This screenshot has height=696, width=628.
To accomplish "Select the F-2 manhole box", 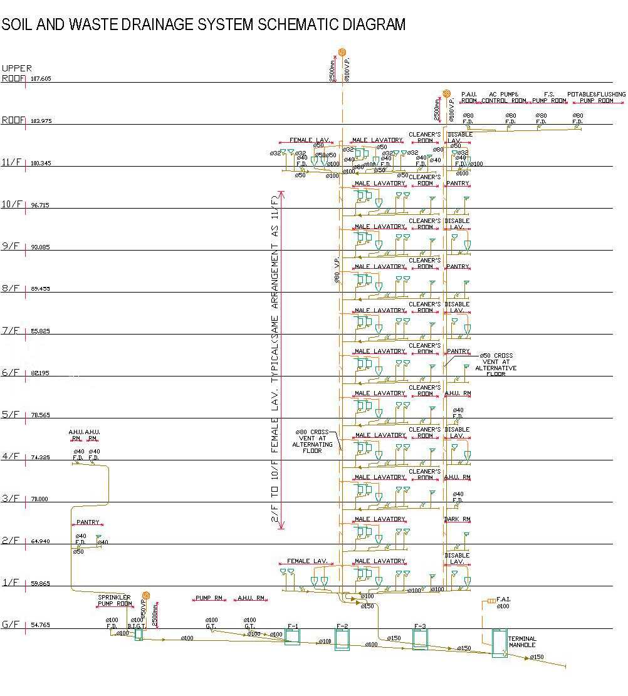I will pyautogui.click(x=342, y=640).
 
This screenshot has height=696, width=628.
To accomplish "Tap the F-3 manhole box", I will pyautogui.click(x=420, y=639).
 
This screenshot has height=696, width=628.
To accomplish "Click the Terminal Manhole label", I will pyautogui.click(x=522, y=642).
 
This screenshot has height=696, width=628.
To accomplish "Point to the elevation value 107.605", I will pyautogui.click(x=41, y=79).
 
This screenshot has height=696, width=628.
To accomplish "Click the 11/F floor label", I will pyautogui.click(x=12, y=162).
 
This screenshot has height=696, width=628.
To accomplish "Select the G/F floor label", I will pyautogui.click(x=12, y=625).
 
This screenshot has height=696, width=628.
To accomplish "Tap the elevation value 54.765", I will pyautogui.click(x=41, y=625).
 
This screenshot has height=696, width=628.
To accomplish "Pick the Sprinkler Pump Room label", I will pyautogui.click(x=114, y=601).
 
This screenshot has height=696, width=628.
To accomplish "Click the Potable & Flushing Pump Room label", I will pyautogui.click(x=596, y=97).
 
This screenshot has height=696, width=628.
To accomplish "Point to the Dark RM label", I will pyautogui.click(x=457, y=519).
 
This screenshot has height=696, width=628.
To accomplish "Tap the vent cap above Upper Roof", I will pyautogui.click(x=342, y=52).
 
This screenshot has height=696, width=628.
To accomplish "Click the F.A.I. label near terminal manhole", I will pyautogui.click(x=503, y=600).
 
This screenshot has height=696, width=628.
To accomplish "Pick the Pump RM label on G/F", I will pyautogui.click(x=209, y=598).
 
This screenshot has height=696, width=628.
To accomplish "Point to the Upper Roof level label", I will pyautogui.click(x=15, y=73).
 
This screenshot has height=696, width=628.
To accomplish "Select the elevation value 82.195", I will pyautogui.click(x=41, y=373).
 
